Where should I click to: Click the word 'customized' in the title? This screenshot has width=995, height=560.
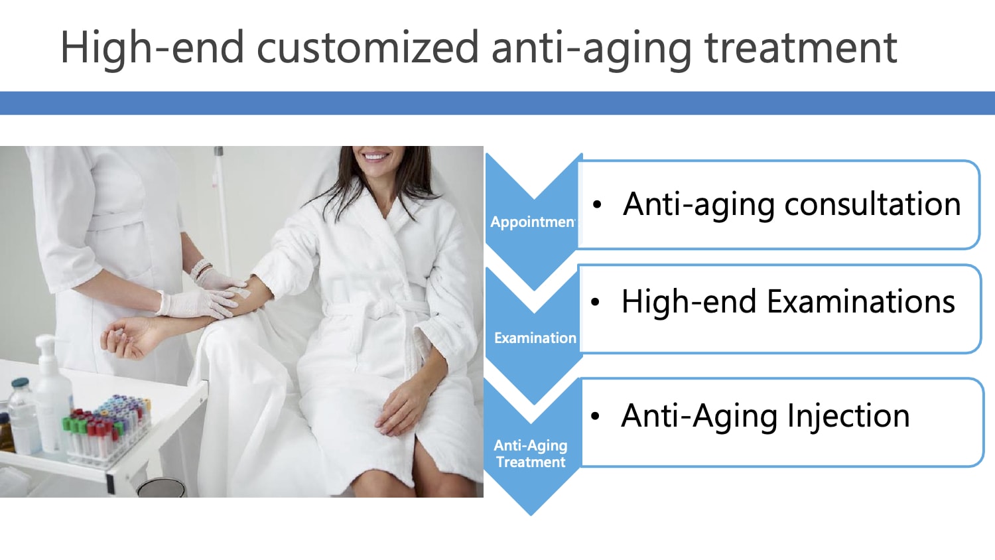(367, 47)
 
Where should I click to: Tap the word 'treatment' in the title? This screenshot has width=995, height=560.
(801, 47)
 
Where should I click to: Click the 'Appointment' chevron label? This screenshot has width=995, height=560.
(533, 222)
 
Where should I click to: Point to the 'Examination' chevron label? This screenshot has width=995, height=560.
(535, 338)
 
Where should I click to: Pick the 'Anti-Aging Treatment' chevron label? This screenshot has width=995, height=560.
(531, 453)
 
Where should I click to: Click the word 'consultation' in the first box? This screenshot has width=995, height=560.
(872, 204)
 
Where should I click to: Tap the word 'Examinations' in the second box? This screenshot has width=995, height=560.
(861, 301)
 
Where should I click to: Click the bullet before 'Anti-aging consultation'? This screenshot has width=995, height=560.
(597, 205)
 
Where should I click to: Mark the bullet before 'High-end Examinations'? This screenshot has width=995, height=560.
(595, 302)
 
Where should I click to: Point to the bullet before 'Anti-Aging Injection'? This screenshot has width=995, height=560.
(595, 416)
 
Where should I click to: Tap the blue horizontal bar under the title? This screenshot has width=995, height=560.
(497, 103)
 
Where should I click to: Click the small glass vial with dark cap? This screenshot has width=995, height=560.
(22, 415)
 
